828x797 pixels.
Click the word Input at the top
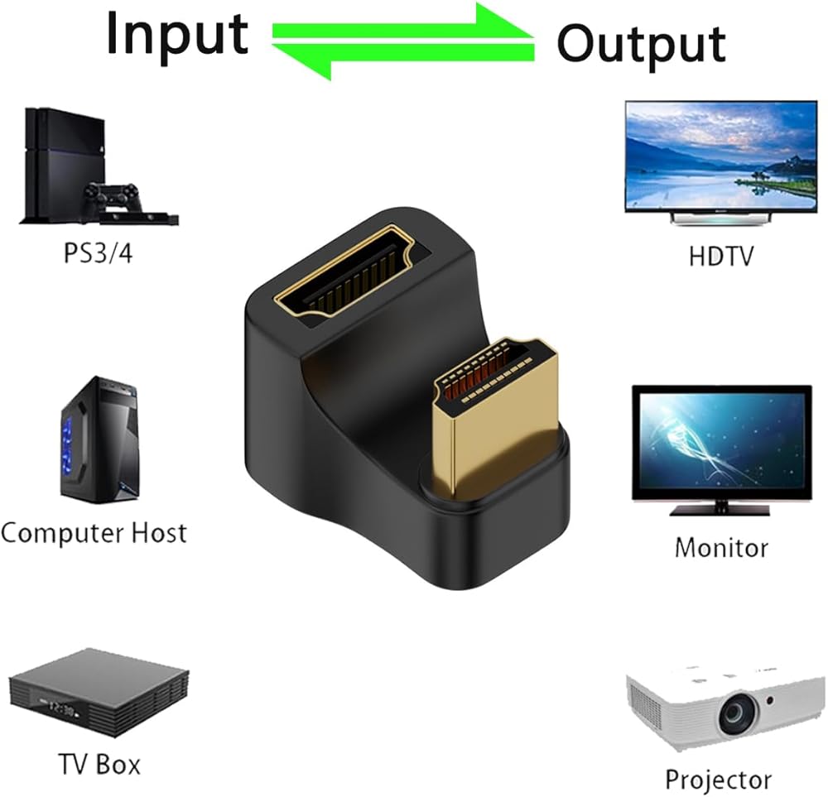(x=177, y=35)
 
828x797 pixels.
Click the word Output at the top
(x=641, y=45)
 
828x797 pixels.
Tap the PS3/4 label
(x=98, y=253)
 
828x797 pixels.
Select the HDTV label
(x=721, y=256)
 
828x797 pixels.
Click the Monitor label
(x=721, y=547)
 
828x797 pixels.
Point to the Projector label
(x=718, y=779)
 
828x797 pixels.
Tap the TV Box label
(x=99, y=764)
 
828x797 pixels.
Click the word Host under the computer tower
(x=159, y=533)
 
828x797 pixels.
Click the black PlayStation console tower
(x=64, y=165)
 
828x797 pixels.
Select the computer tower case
(x=100, y=439)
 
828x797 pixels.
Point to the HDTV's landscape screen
(x=721, y=156)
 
